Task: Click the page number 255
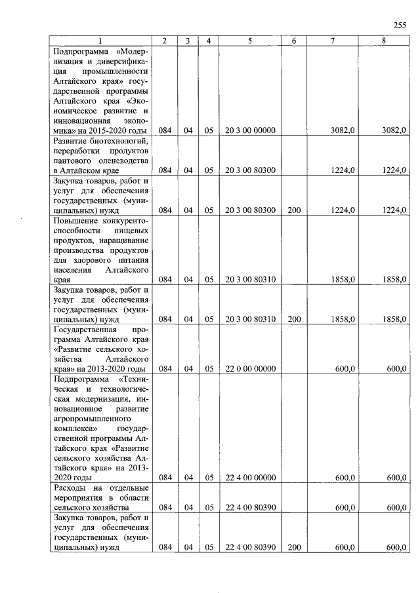click(x=400, y=26)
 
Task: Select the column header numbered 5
click(x=250, y=41)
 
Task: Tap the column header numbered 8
click(x=383, y=41)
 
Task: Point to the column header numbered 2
click(x=165, y=41)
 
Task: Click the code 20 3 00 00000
click(x=250, y=131)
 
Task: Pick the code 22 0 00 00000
click(x=250, y=369)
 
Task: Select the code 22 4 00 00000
click(x=250, y=478)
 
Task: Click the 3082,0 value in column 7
click(x=343, y=131)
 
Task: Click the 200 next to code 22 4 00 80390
click(x=294, y=547)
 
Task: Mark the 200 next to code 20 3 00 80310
click(x=294, y=319)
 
